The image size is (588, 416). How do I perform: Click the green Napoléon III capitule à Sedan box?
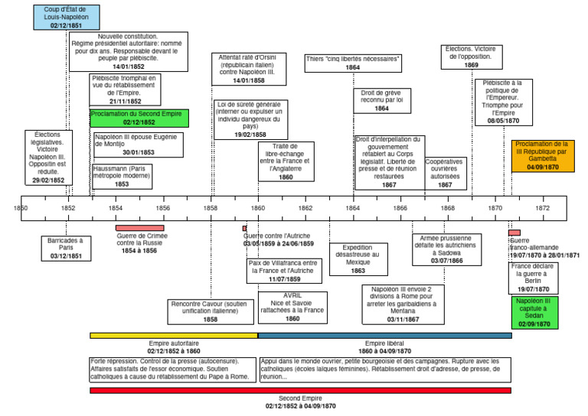538,313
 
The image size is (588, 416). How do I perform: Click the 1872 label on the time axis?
543,207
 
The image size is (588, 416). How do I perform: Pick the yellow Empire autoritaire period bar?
174,335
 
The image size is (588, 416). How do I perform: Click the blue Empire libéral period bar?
384,335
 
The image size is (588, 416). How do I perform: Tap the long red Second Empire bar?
300,390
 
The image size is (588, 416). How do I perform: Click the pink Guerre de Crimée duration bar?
139,227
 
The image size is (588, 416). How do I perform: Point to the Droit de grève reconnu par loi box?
382,101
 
